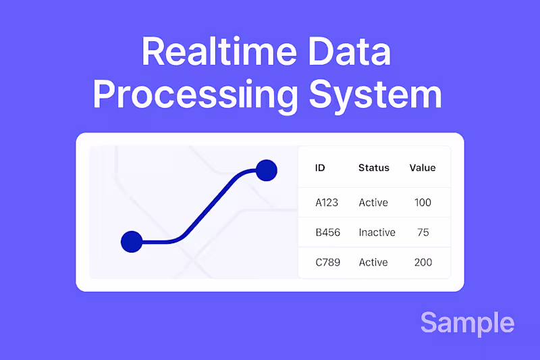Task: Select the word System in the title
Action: point(375,95)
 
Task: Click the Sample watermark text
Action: point(467,323)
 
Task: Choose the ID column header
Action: point(320,168)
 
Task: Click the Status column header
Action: point(373,168)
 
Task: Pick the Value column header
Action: point(423,168)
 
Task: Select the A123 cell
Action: point(327,202)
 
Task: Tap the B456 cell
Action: point(328,232)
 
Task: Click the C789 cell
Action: point(328,262)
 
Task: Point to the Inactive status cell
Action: point(377,232)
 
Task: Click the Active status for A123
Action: point(373,202)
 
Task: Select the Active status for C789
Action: point(373,262)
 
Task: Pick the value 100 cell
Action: point(423,202)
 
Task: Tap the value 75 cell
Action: point(423,232)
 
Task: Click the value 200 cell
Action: point(423,262)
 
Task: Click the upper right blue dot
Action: point(267,170)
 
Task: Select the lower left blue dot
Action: point(132,241)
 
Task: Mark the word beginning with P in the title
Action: point(195,95)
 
